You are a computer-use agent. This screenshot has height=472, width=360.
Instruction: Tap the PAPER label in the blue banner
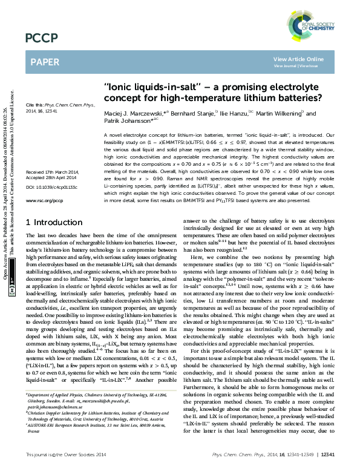click(x=45, y=61)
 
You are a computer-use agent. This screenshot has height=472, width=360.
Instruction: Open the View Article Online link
click(x=298, y=59)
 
